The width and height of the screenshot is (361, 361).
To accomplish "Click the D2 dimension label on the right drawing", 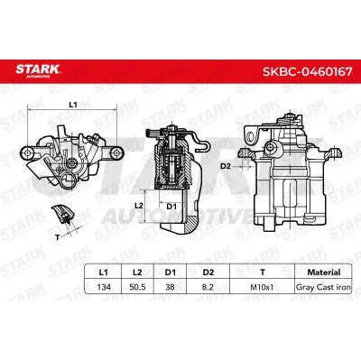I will [225, 167].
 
